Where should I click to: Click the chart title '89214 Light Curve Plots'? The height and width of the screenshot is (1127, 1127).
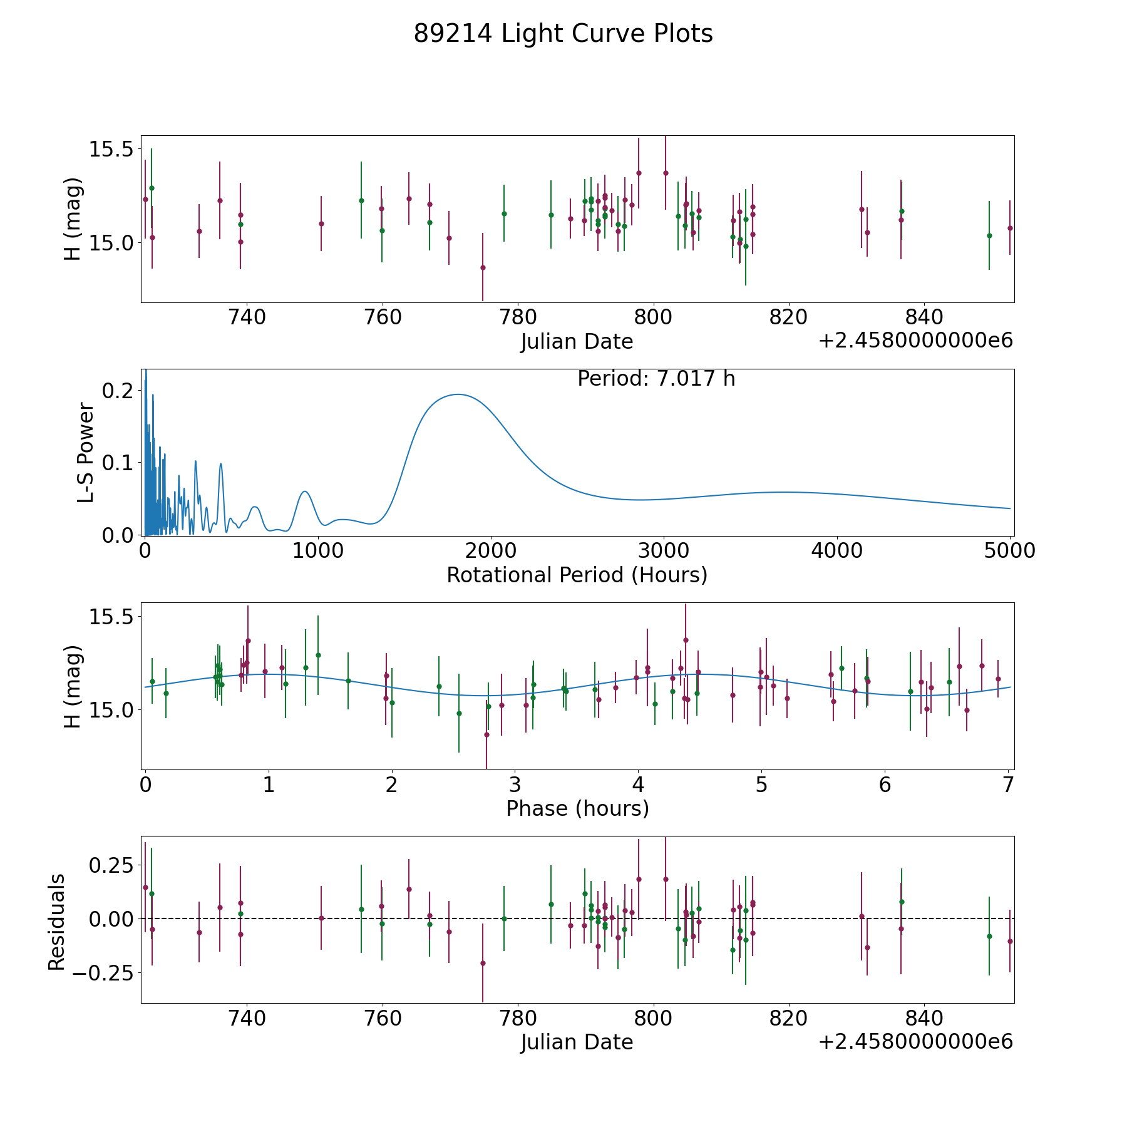click(563, 34)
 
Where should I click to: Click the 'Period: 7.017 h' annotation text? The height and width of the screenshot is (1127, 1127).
click(656, 379)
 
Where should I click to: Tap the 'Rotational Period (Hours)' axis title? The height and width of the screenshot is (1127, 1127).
click(577, 575)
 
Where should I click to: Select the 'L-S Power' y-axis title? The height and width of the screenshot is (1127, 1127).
click(86, 453)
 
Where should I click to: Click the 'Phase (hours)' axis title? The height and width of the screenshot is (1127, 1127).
click(577, 808)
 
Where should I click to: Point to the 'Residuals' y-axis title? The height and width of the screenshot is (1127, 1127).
click(57, 922)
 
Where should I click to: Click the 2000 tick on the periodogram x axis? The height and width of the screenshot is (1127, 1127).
click(490, 551)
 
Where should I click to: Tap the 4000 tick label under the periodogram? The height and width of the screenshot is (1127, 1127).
click(836, 551)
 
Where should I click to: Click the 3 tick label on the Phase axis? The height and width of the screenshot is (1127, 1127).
click(515, 785)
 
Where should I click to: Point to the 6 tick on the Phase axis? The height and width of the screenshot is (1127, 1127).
click(885, 785)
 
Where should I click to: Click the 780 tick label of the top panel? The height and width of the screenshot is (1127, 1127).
click(518, 317)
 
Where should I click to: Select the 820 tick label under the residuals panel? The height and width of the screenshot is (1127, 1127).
click(789, 1019)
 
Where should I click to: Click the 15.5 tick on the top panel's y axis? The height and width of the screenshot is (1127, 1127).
click(110, 150)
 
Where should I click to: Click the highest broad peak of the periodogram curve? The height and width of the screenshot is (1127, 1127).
click(458, 394)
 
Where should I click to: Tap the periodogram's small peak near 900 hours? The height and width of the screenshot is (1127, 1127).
click(304, 491)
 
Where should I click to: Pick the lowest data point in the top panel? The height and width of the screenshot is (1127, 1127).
click(483, 267)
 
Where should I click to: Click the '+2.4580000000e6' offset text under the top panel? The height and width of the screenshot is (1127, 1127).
click(915, 341)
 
